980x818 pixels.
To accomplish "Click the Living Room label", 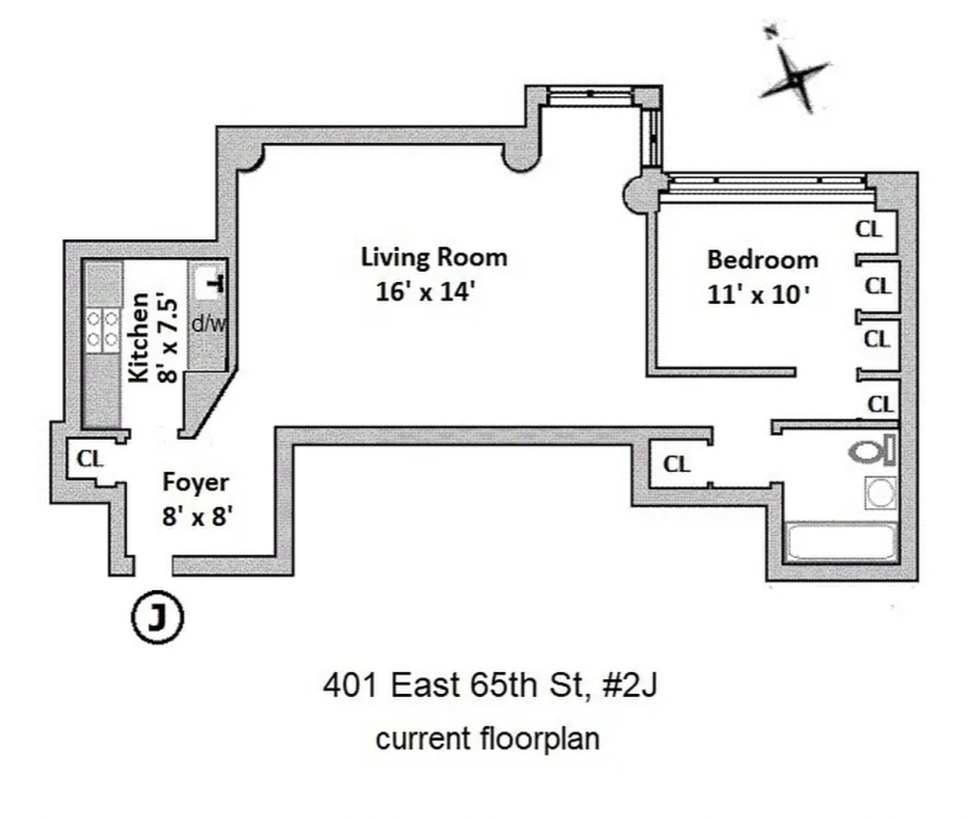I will (434, 257).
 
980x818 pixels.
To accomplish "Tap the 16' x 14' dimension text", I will (424, 292).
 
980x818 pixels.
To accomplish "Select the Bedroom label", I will (762, 260).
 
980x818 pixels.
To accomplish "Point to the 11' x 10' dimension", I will (759, 295).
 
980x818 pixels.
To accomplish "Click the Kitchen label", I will (139, 338).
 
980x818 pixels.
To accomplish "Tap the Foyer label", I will (196, 482).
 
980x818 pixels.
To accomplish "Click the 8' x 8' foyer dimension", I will (197, 516).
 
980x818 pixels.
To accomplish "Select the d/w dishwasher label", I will (208, 323).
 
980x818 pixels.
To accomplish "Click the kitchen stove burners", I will (103, 329).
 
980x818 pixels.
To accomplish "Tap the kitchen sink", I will (209, 283).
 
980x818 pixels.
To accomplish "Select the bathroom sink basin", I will (880, 492).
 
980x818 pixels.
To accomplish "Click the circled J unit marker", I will (156, 617).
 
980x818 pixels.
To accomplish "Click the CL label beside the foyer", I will (90, 458).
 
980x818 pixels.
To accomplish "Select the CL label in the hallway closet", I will (676, 464).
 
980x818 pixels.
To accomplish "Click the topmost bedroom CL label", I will (869, 229).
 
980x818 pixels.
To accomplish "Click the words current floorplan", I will (487, 738).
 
